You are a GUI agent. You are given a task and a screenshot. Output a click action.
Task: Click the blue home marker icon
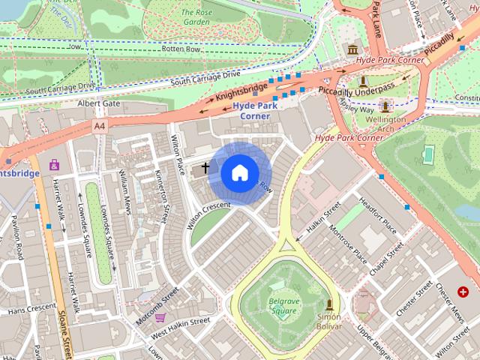coord(239,172)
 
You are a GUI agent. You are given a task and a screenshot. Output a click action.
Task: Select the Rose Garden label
coord(195,16)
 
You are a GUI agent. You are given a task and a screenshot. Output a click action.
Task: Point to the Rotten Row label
coord(178,49)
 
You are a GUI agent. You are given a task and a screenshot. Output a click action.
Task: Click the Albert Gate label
coord(98,103)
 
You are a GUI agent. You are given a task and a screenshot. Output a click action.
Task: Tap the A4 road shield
coord(100,126)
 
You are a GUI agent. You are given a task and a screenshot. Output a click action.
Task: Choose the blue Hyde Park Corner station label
coord(255,111)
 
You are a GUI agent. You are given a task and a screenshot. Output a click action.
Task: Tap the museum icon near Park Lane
coord(351,49)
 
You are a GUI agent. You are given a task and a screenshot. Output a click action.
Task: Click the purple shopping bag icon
coord(54,164)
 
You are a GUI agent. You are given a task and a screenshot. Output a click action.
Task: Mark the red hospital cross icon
coord(463,291)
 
